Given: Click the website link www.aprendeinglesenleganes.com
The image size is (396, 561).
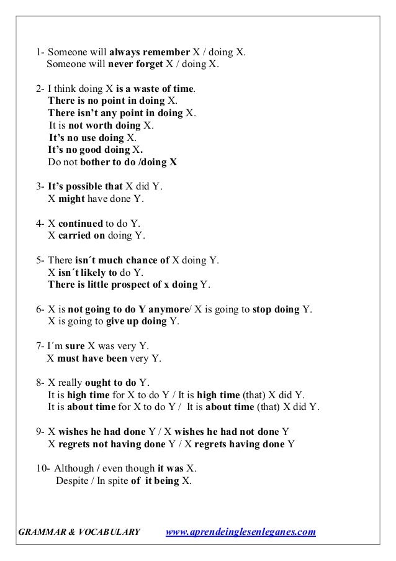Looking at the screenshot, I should click(x=242, y=532).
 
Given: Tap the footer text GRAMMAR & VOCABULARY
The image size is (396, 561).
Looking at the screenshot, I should click(x=78, y=532).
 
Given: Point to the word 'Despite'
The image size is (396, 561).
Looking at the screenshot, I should click(x=72, y=480).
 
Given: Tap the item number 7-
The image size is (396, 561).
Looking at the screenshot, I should click(x=41, y=345).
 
